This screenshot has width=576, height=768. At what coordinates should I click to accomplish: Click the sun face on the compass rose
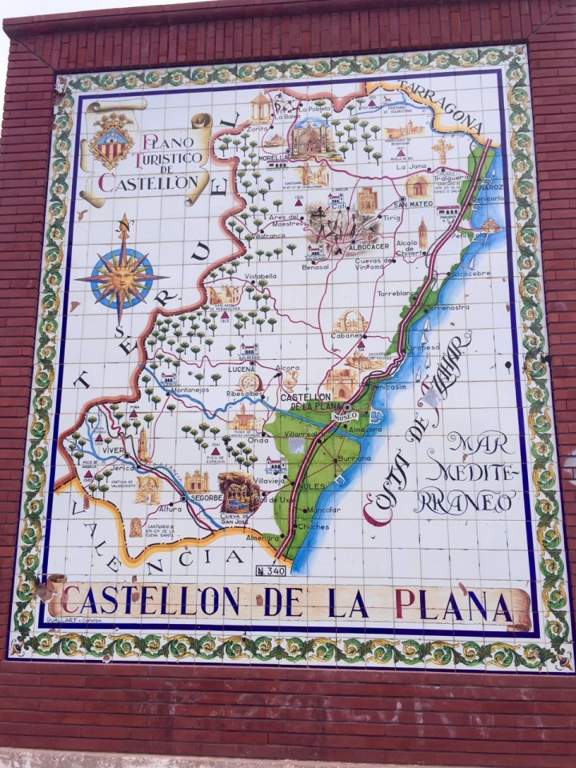(x=122, y=276)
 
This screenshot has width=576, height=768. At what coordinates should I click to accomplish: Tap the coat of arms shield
(x=111, y=141)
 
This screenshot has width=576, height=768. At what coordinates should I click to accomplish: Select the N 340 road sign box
(x=270, y=570)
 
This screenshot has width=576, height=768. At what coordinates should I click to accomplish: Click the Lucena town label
(x=241, y=368)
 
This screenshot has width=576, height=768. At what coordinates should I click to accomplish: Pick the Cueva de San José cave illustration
(x=239, y=490)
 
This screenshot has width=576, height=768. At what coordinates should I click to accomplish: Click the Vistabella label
(x=260, y=276)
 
